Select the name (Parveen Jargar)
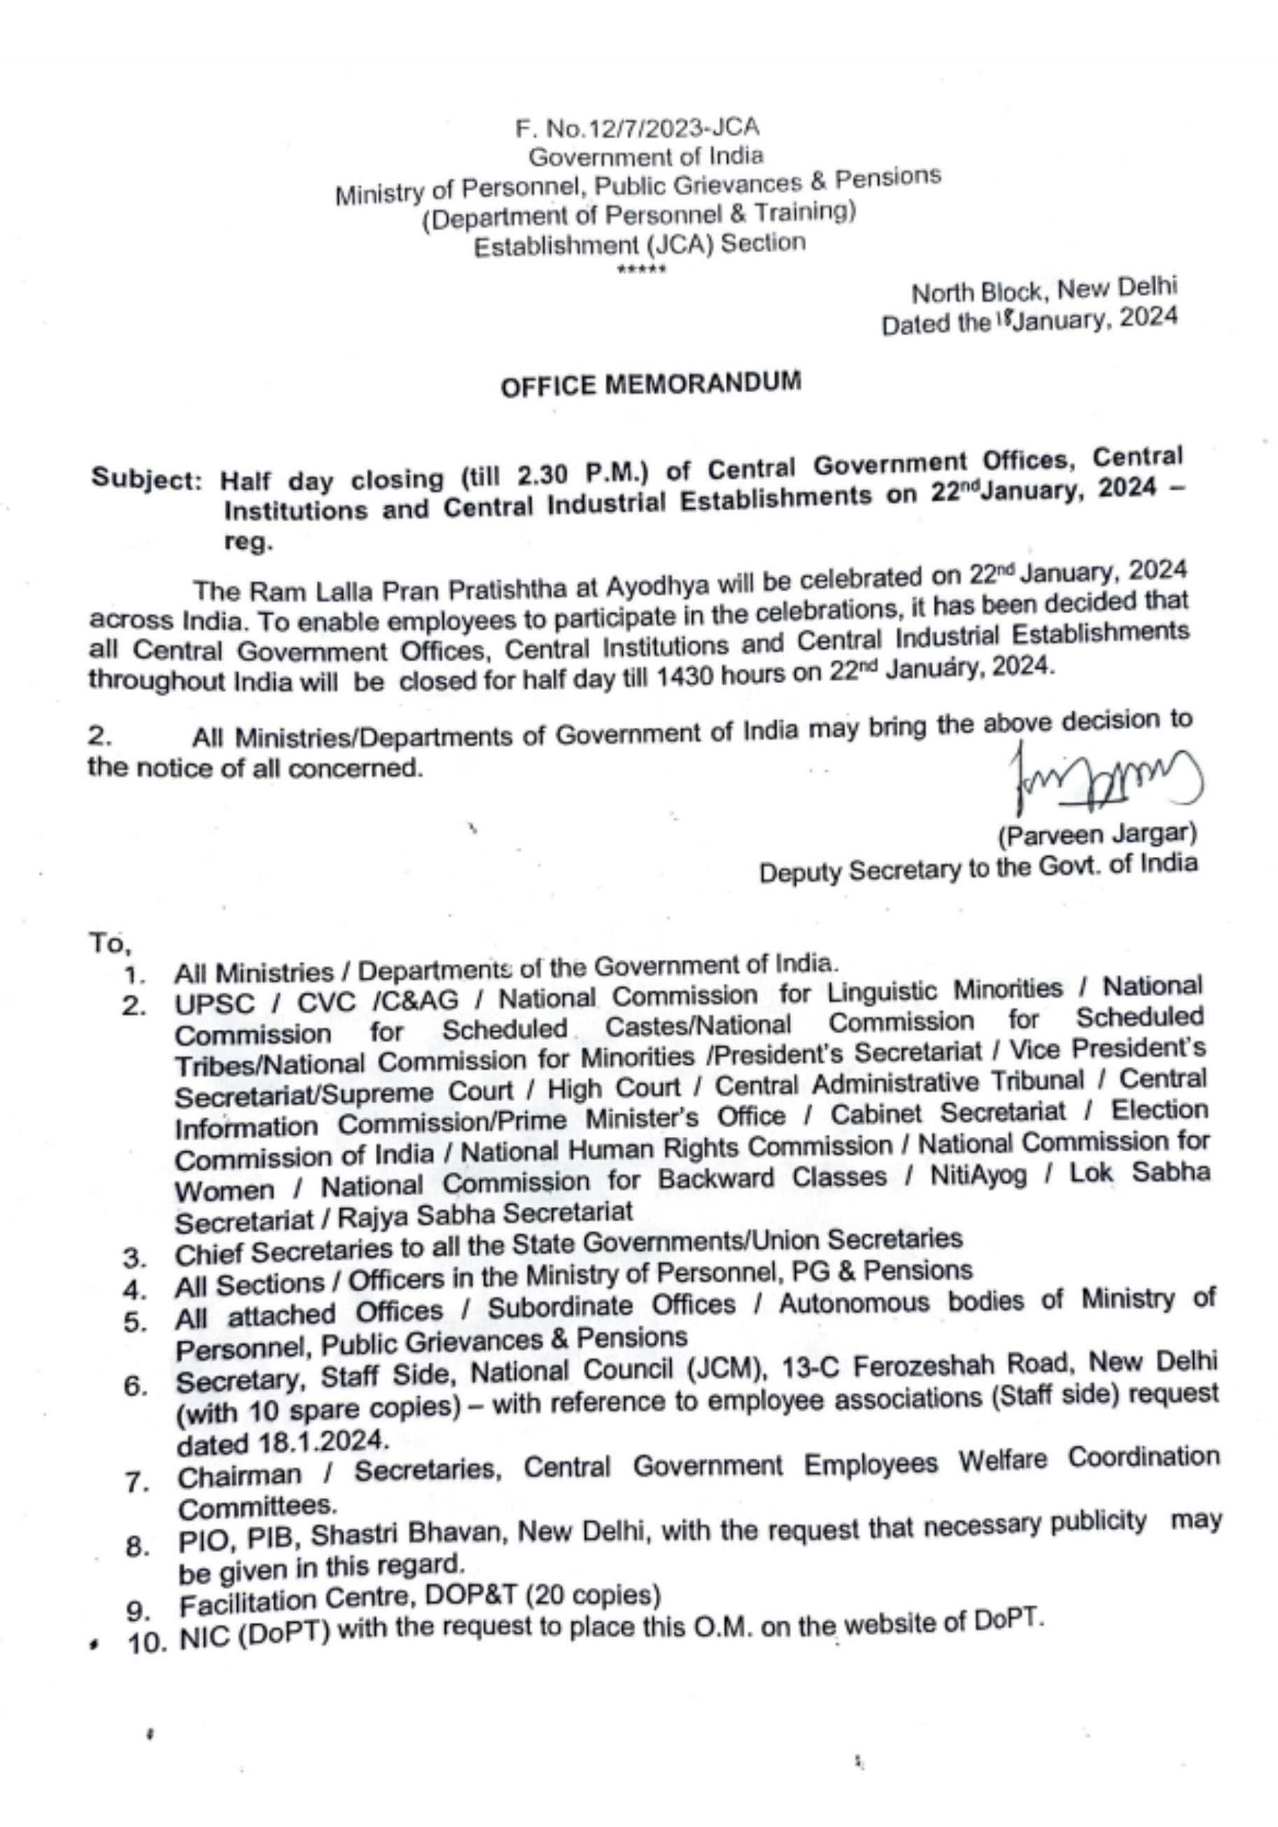[x=1097, y=834]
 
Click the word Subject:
[x=147, y=479]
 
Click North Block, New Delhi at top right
[x=1044, y=290]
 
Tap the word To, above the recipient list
[x=110, y=943]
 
